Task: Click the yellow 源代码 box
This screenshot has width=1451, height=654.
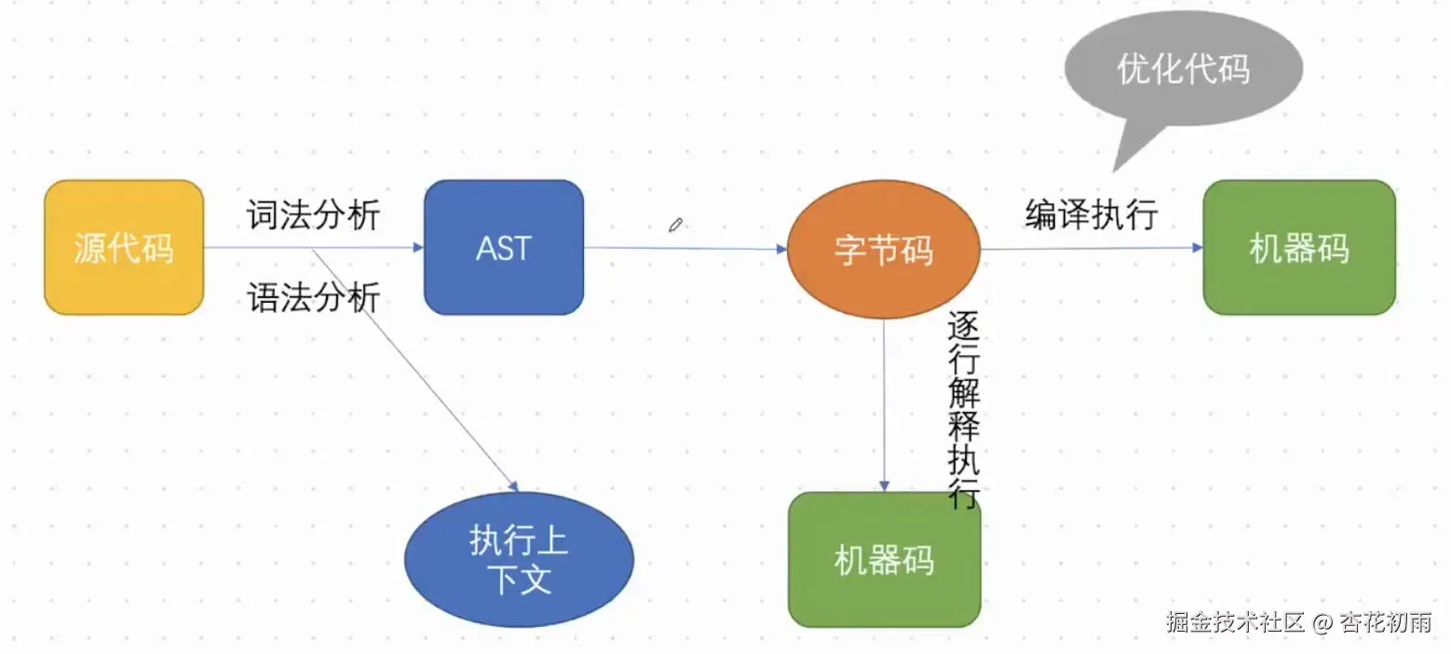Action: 124,248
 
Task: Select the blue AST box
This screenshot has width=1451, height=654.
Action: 504,248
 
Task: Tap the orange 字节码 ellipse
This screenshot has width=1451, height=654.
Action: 884,250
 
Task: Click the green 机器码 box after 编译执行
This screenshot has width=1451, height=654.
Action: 1299,248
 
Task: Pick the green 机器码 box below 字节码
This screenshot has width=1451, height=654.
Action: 884,560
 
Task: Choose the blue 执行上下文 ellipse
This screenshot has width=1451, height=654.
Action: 519,560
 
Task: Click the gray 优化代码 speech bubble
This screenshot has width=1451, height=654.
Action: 1183,70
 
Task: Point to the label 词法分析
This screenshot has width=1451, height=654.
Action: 313,215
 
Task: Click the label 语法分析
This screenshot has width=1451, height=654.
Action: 313,298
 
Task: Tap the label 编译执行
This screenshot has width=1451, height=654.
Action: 1092,215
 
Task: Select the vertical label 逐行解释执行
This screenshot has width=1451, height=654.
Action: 963,410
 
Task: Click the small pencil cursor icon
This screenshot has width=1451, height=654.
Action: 676,225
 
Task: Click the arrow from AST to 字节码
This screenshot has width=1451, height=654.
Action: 685,249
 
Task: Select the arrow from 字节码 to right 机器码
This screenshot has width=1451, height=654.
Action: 1090,249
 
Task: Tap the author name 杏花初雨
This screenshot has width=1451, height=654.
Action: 1385,622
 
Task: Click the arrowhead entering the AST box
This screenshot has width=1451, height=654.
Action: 417,248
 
